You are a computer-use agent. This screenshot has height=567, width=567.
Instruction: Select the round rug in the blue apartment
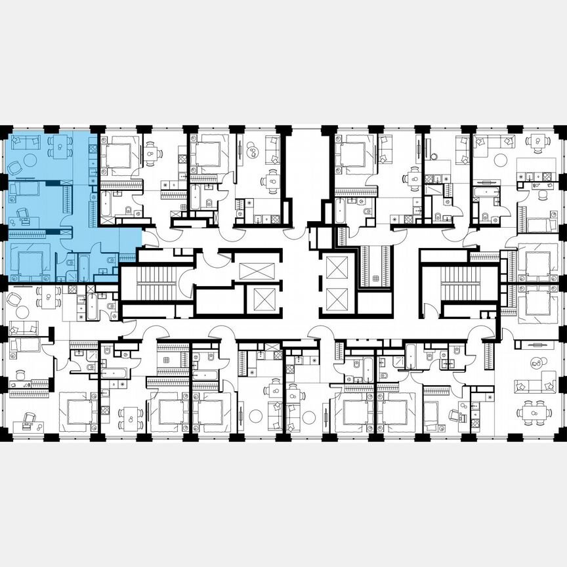tap(30, 159)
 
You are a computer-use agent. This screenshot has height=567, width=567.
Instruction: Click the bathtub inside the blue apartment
tap(84, 268)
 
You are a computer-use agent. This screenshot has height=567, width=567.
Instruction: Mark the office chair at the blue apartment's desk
tap(23, 213)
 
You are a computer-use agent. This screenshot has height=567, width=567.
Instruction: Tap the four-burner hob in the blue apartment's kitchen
tap(92, 149)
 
